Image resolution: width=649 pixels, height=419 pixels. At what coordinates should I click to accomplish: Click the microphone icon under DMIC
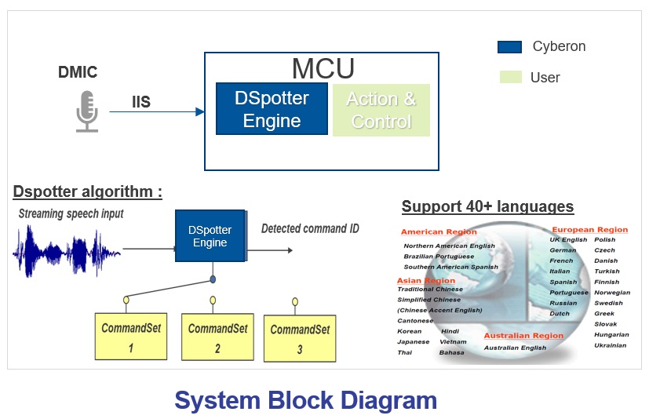[x=86, y=111]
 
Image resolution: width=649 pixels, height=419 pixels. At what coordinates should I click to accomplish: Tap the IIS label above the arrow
[x=141, y=101]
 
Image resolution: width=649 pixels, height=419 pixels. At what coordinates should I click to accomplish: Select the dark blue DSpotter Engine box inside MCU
[x=272, y=109]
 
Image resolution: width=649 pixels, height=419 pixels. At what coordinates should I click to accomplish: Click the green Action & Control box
[x=381, y=110]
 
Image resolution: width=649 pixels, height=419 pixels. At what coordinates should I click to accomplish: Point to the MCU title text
[x=323, y=69]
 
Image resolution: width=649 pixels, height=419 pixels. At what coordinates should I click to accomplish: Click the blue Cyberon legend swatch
[x=509, y=47]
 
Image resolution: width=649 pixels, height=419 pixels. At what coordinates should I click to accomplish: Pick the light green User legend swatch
[x=509, y=77]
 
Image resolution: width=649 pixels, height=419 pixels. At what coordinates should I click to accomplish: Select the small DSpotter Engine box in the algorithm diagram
[x=210, y=236]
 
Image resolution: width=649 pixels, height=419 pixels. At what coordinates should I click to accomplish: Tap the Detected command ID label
[x=310, y=228]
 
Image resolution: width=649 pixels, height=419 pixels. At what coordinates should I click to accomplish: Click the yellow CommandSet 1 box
[x=130, y=337]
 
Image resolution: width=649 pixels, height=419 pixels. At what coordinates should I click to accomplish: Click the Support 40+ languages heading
[x=487, y=207]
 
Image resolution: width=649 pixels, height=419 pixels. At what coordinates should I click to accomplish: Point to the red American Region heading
[x=439, y=232]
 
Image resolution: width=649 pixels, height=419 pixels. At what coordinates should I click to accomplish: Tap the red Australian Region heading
[x=523, y=336]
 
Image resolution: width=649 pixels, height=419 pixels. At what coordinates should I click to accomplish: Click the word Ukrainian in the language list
[x=611, y=345]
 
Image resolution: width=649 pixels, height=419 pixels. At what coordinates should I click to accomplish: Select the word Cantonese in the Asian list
[x=415, y=320]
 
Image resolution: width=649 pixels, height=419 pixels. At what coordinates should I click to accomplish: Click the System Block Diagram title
[x=305, y=400]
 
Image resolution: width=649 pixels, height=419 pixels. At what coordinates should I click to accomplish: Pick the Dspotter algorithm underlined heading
[x=88, y=191]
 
